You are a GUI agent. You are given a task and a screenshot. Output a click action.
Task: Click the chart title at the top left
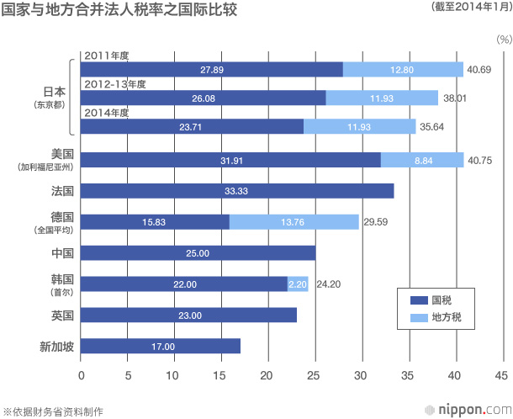pos(119,10)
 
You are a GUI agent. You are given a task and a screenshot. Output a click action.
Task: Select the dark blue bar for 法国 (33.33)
pos(237,191)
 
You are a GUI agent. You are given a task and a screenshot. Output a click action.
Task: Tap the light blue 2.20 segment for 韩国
pos(298,284)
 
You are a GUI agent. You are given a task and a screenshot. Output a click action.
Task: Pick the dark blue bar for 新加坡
pos(161,346)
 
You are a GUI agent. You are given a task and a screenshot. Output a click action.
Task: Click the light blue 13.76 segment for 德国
pos(294,222)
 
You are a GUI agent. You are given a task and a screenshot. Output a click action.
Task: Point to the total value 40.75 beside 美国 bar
pos(479,161)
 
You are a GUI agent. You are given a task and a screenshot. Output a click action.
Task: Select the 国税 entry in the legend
pos(431,300)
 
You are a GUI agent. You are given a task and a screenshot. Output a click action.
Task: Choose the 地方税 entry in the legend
pos(436,317)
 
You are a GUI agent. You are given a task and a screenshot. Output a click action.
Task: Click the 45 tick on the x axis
pos(501,375)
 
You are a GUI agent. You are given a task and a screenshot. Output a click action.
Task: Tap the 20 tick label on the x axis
pos(266,375)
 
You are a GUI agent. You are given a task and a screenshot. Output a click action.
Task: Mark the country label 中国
pos(62,253)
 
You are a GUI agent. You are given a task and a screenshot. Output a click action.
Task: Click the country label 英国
pos(62,316)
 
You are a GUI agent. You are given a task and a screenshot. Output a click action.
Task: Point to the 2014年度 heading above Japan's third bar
pos(107,113)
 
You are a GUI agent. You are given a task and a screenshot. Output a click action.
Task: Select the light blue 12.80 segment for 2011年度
pos(403,69)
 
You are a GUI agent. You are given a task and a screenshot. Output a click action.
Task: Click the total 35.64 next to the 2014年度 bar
pos(432,127)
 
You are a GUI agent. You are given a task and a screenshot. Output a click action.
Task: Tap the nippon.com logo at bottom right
pos(468,410)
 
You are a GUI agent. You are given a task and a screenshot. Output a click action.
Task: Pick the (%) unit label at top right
pos(504,40)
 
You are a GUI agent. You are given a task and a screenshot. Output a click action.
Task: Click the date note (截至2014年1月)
pos(472,7)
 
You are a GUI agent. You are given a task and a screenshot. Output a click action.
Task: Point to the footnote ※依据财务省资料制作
pos(53,411)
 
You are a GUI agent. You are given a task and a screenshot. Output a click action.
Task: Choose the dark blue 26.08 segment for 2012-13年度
pos(204,98)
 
